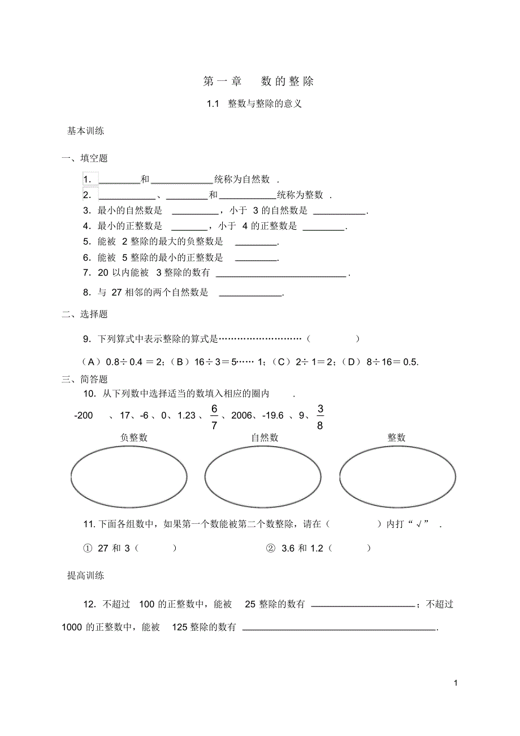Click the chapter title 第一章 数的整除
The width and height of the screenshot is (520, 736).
point(258,81)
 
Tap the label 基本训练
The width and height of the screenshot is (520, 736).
point(85,131)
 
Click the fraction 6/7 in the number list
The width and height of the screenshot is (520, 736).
point(214,417)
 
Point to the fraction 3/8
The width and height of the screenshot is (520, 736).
point(320,417)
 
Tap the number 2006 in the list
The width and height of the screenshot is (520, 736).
point(241,416)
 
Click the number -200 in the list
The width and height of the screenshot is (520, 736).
point(84,416)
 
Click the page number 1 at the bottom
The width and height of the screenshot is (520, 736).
point(455,683)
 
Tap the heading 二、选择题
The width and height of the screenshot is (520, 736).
point(85,315)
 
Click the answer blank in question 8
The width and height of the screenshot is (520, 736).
point(250,293)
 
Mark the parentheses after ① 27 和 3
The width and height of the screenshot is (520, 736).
point(156,548)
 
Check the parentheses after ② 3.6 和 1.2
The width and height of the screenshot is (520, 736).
point(349,548)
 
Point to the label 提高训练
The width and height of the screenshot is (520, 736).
point(85,576)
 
